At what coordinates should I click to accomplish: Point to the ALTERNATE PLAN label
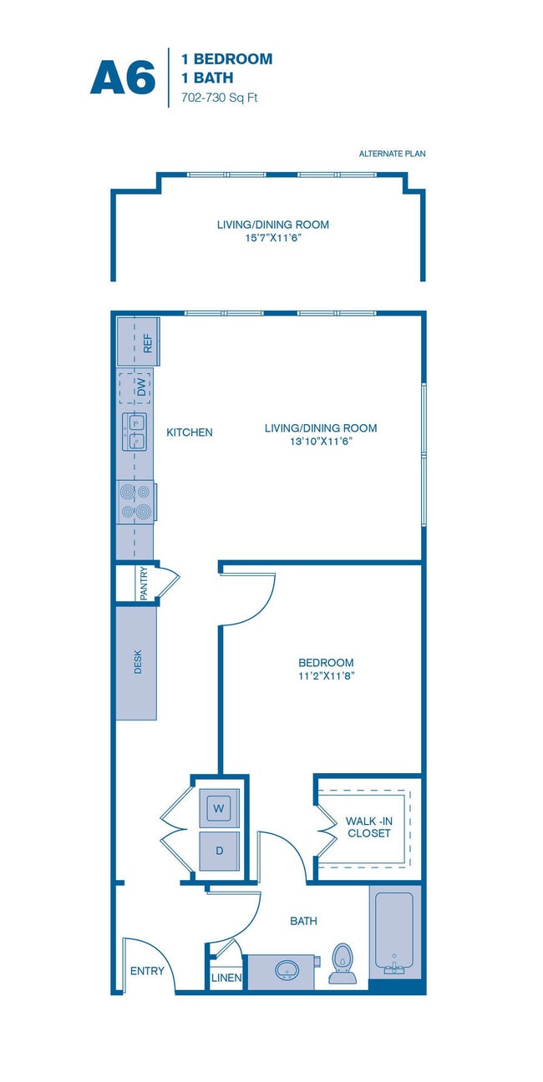point(393,154)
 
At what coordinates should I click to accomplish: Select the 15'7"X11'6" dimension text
point(272,237)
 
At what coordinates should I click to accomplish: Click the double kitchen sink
point(135,432)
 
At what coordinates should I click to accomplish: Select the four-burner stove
point(135,502)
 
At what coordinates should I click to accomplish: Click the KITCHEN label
point(190,432)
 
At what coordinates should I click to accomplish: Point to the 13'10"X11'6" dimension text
point(321,442)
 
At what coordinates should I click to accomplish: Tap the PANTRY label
point(145,583)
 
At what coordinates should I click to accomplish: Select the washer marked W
point(219,807)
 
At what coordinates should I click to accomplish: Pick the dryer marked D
point(219,851)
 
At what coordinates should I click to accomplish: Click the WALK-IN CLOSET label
point(368,827)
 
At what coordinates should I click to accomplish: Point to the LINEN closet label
point(226,978)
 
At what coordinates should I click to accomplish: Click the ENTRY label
point(147,971)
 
